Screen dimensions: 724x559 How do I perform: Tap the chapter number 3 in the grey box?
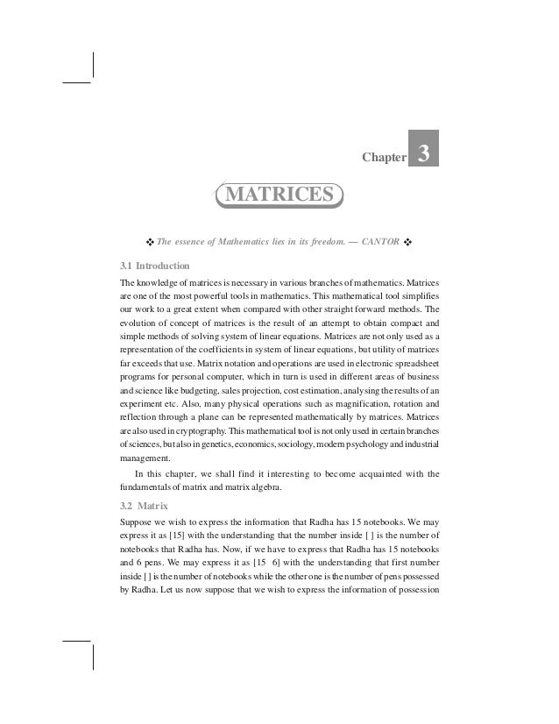[x=424, y=153]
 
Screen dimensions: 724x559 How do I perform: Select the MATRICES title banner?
[x=279, y=194]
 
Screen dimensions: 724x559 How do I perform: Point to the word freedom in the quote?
[x=302, y=239]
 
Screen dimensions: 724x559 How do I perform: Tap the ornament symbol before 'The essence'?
[x=149, y=240]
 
